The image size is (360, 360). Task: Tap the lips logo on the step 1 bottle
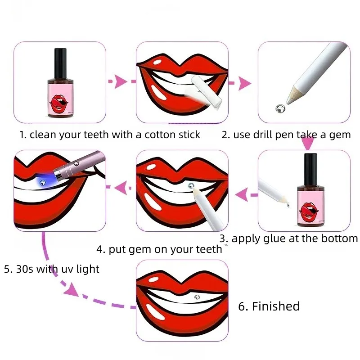pyautogui.click(x=60, y=102)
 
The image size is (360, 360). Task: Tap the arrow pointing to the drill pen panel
pyautogui.click(x=243, y=83)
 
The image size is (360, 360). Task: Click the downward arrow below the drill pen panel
pyautogui.click(x=307, y=144)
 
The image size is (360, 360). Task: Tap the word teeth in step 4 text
pyautogui.click(x=207, y=249)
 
